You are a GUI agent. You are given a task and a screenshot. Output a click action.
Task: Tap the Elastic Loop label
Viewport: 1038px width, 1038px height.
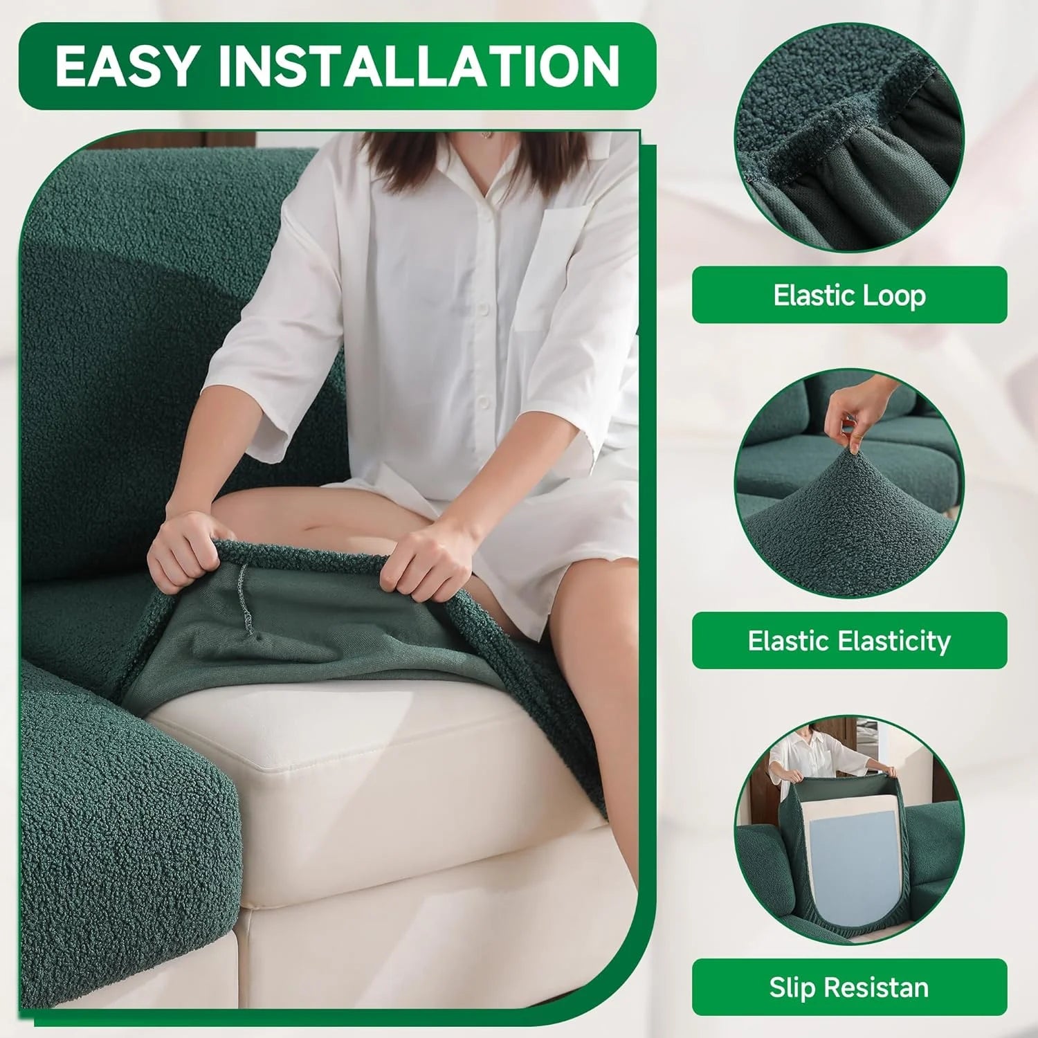(849, 295)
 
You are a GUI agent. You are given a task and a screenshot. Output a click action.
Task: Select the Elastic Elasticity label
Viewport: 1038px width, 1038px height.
(849, 641)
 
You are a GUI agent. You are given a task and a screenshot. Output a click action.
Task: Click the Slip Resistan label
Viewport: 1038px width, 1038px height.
(849, 987)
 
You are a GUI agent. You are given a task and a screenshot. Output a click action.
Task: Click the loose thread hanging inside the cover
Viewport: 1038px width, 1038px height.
(244, 595)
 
